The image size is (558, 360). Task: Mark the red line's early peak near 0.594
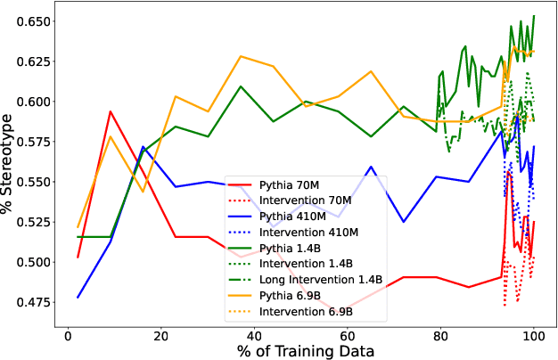(x=110, y=111)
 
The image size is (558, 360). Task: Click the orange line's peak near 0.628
(x=241, y=56)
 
